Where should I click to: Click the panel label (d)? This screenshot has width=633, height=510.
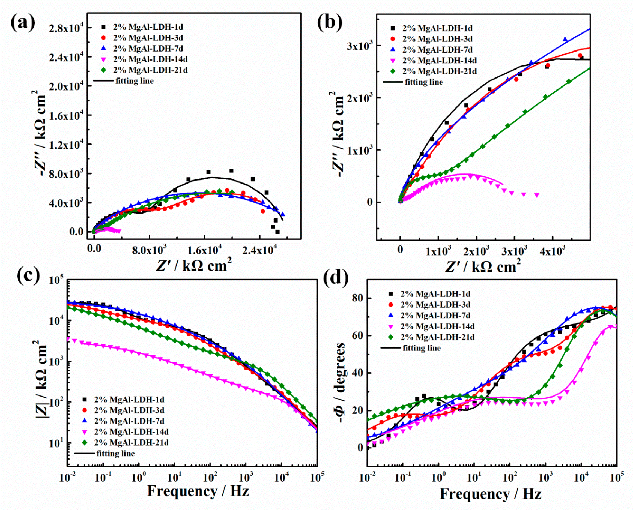point(335,278)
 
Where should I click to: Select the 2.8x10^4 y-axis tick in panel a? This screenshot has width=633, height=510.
point(66,28)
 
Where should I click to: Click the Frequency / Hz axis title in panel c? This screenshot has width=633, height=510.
point(198,491)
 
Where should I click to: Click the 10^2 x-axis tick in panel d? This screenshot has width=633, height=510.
point(510,478)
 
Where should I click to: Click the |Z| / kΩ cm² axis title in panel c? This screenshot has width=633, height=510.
point(41,379)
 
